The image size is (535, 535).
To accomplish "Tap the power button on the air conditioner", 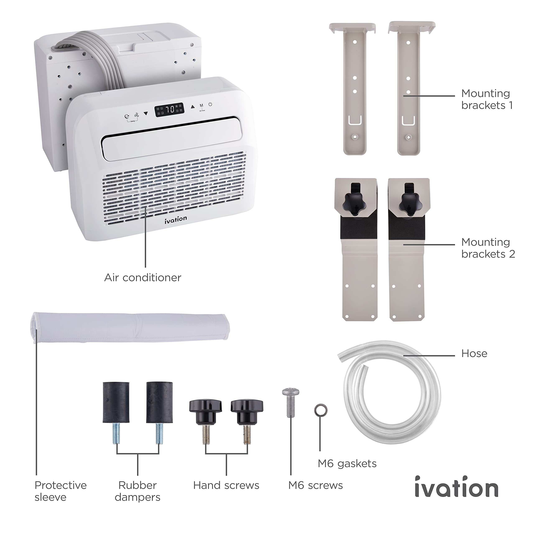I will tap(210, 104).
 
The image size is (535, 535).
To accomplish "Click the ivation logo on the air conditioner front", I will tap(176, 220).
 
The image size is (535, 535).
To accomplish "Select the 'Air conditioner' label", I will tap(143, 278).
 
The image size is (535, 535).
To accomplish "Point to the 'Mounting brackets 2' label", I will tap(488, 248).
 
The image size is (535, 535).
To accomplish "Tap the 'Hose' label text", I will tap(474, 353).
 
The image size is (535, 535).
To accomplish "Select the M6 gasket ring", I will tap(321, 411).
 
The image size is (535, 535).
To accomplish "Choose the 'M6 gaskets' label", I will tap(347, 464).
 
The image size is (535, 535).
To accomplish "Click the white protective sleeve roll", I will tap(130, 327).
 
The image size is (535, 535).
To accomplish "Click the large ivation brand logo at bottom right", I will tap(456, 487).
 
